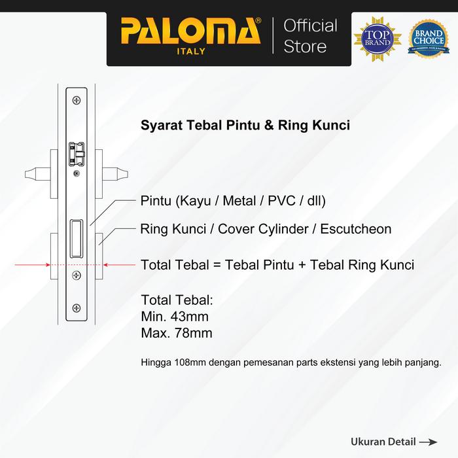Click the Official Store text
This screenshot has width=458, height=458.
310,36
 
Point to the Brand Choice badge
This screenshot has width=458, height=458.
428,37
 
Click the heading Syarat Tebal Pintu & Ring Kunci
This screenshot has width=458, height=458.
245,126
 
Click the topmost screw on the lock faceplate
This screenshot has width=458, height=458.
78,100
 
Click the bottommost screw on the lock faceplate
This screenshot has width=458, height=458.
78,308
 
